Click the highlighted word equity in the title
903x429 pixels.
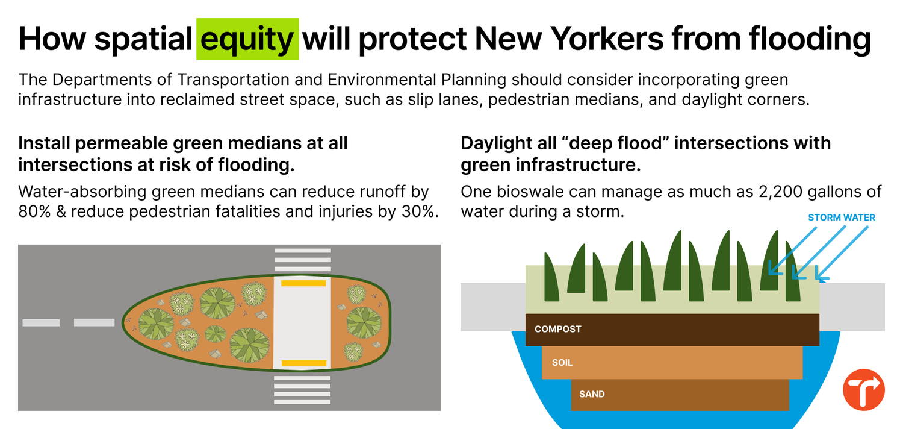click(247, 39)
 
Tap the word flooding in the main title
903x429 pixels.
click(810, 39)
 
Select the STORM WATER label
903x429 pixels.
click(841, 218)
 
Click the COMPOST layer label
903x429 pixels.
click(557, 330)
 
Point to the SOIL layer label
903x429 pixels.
click(562, 363)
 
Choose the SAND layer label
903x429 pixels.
click(592, 395)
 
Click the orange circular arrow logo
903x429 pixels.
click(864, 390)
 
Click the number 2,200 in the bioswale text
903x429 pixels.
click(775, 192)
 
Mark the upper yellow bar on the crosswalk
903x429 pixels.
click(303, 283)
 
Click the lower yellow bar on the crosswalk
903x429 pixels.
click(304, 363)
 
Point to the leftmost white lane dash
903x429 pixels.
click(41, 323)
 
